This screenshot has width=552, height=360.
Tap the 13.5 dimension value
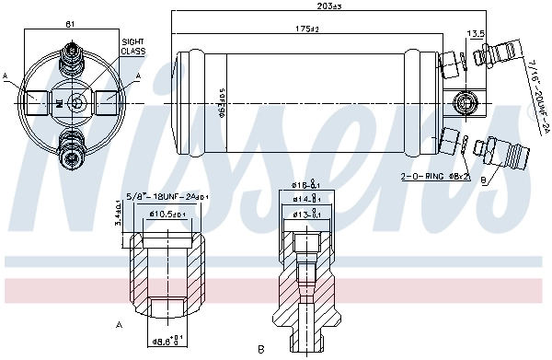point(477,33)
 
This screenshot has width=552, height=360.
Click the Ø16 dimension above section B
point(306,184)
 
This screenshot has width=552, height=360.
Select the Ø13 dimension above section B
point(306,214)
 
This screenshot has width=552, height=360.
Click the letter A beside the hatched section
point(121,324)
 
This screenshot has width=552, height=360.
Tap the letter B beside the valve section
point(261,349)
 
